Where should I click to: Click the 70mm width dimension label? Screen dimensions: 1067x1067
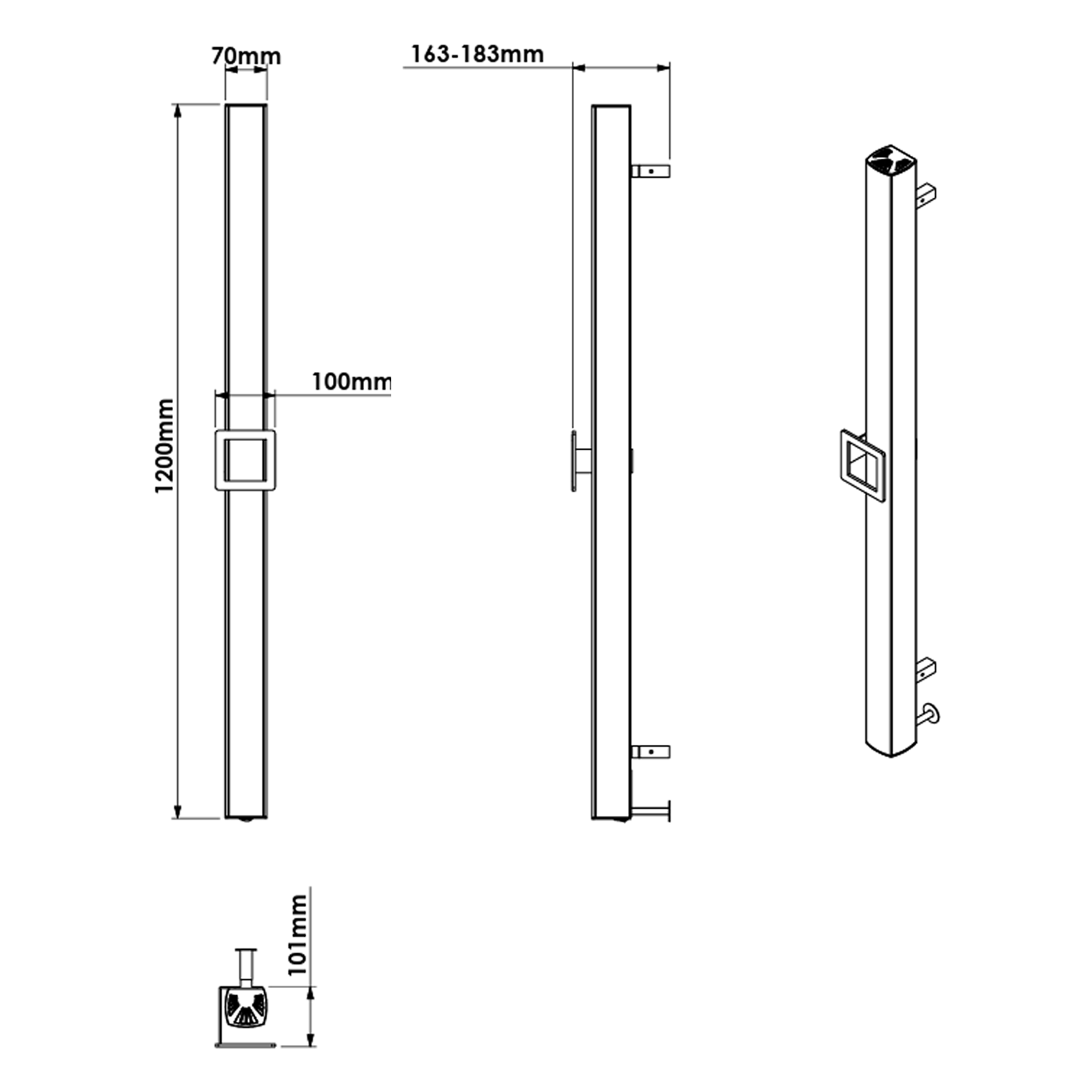(x=245, y=55)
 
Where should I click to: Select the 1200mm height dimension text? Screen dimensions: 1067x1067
(x=164, y=446)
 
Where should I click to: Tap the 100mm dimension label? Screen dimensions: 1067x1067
(x=351, y=382)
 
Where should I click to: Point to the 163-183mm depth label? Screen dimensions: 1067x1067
(x=477, y=54)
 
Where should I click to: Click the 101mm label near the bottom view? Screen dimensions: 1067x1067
(x=297, y=935)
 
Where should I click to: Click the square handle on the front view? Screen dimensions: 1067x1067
(x=245, y=460)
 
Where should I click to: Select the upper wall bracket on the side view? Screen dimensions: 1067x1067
(x=650, y=171)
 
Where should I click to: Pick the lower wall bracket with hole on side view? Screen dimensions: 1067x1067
(x=650, y=751)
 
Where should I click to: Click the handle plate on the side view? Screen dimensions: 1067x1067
(x=573, y=460)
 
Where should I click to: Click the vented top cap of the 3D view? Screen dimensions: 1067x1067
(x=890, y=160)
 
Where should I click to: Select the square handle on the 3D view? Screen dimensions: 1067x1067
(x=862, y=466)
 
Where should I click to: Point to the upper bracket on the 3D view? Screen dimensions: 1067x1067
(x=926, y=193)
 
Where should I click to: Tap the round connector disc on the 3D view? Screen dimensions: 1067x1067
(x=932, y=713)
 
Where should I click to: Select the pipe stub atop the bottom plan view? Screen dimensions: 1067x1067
(x=246, y=965)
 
